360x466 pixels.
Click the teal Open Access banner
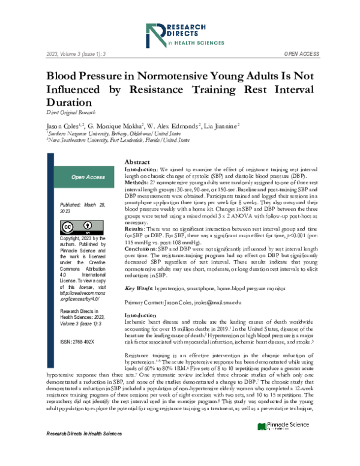pyautogui.click(x=88, y=177)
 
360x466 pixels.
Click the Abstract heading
pyautogui.click(x=137, y=163)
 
